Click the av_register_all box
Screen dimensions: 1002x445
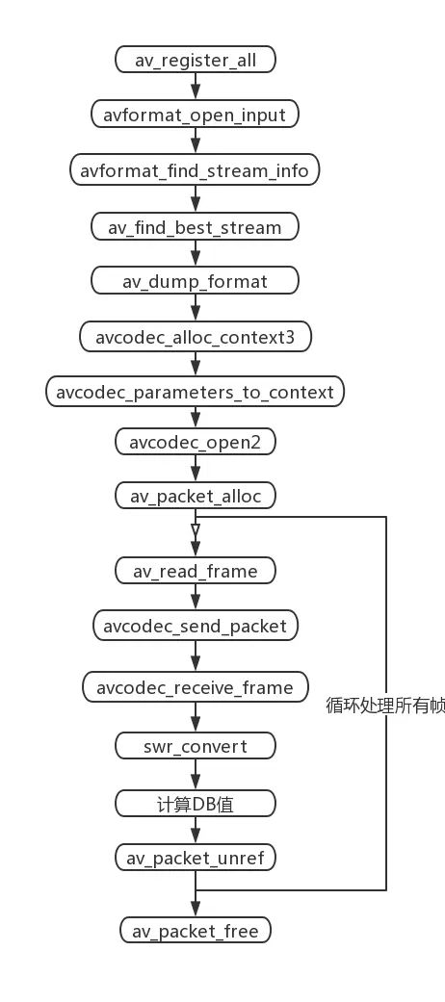196,60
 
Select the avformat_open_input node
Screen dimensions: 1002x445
196,116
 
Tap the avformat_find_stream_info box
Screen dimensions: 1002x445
196,171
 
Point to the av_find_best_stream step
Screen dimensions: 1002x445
196,227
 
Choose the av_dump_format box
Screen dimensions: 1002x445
196,282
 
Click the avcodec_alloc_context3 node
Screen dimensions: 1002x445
196,337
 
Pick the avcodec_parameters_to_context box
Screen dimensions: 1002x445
196,392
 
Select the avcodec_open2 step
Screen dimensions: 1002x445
196,442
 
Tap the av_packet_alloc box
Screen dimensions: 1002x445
196,496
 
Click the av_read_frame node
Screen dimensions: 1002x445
196,571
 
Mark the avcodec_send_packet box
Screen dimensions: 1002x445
196,626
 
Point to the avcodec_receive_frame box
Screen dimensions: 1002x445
196,687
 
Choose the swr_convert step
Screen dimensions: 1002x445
196,746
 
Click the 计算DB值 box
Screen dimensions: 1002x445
196,803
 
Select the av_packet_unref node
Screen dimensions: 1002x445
196,857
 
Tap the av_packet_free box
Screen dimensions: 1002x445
196,931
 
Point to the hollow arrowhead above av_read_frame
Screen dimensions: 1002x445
196,529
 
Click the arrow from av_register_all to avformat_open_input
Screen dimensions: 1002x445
196,88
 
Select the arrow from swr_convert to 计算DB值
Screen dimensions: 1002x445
196,775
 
